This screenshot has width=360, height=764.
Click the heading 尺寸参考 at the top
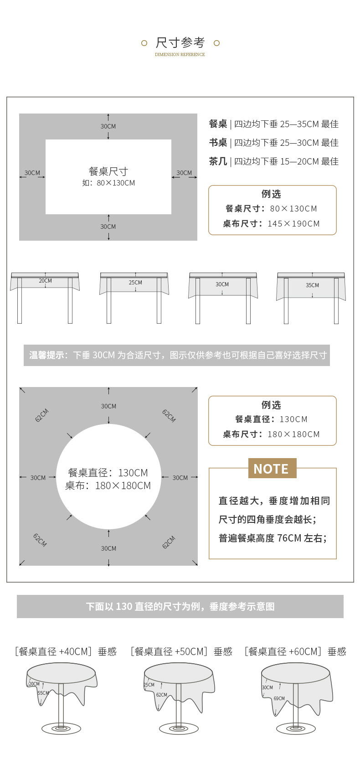(180, 42)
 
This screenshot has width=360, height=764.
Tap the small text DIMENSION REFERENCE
(180, 55)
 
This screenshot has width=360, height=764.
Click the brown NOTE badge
(272, 469)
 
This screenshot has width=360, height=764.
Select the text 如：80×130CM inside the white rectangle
(108, 183)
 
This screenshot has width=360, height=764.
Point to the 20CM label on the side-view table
(45, 281)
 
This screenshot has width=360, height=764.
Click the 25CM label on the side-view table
(135, 283)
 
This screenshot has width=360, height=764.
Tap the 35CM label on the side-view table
(312, 285)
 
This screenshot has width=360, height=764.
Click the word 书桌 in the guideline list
(218, 143)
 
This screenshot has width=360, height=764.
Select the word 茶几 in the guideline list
(218, 161)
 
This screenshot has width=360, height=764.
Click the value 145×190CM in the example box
(293, 224)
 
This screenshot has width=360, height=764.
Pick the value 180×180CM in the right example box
(293, 434)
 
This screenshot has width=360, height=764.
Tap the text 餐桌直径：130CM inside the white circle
(108, 473)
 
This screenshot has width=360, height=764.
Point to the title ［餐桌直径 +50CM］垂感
(181, 651)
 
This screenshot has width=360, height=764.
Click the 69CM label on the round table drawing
(279, 698)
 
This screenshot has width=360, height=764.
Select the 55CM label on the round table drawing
(43, 693)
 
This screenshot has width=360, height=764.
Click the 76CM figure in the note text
(289, 538)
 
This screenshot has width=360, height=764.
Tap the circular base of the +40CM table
(61, 728)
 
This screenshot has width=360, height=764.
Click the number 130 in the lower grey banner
(124, 607)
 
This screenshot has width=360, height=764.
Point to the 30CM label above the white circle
(108, 406)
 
